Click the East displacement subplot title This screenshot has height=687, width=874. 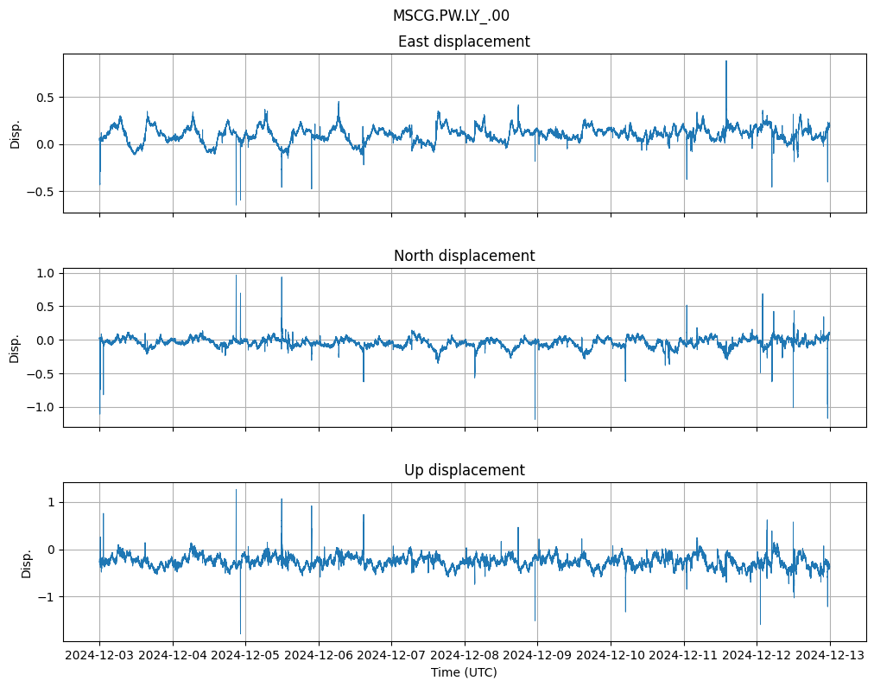coord(464,41)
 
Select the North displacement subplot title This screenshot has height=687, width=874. coord(464,256)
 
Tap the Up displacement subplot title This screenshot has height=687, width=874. coord(464,470)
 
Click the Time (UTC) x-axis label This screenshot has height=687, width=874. coord(464,672)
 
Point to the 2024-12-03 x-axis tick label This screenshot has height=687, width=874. coord(99,656)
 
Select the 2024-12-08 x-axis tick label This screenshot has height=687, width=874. coord(465,656)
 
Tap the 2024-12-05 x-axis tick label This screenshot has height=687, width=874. coord(246,656)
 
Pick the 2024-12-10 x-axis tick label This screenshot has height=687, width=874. coord(611,656)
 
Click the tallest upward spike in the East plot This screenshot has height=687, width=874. coord(726,61)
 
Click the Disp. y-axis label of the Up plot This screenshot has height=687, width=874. coord(27,562)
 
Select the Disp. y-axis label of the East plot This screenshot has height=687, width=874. coord(16,133)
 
